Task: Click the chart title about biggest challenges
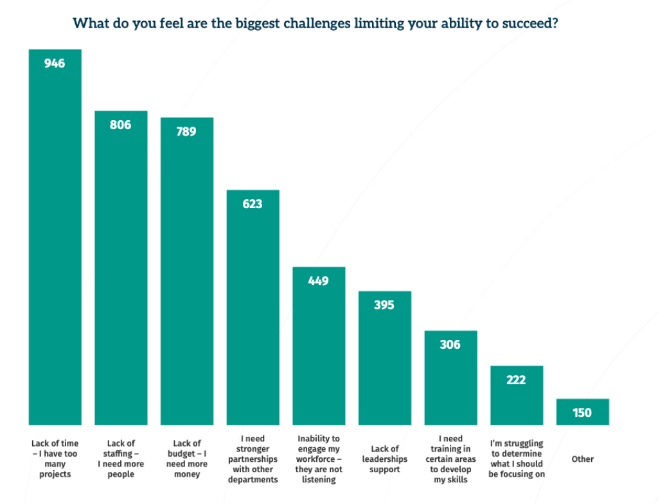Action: click(315, 24)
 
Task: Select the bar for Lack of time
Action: click(55, 244)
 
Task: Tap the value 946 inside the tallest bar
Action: click(55, 63)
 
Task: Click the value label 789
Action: click(186, 132)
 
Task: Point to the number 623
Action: click(253, 204)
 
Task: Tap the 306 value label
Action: click(450, 345)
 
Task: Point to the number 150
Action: click(582, 413)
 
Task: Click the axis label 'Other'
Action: click(582, 459)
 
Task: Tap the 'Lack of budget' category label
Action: click(187, 459)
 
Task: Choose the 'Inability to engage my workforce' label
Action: click(319, 459)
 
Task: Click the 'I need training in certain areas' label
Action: click(450, 459)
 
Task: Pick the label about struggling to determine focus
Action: click(517, 459)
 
